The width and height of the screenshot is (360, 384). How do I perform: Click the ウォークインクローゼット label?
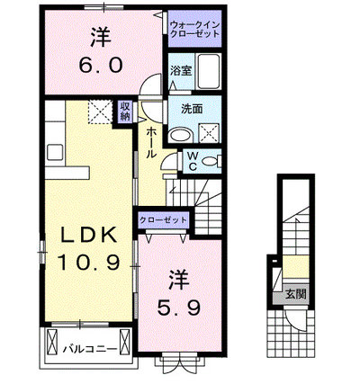(x=194, y=29)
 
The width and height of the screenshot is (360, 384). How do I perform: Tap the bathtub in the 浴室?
(x=209, y=71)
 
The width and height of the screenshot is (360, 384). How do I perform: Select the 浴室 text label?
(x=181, y=71)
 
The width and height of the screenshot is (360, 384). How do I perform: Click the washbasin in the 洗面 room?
(x=179, y=135)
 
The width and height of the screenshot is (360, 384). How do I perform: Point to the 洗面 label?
(x=192, y=110)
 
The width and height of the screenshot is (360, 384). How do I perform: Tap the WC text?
(x=193, y=161)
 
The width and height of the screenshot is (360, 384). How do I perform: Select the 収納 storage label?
(x=125, y=111)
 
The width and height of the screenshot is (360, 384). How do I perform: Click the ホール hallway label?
(x=152, y=142)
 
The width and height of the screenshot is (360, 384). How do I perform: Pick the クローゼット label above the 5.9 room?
(x=164, y=220)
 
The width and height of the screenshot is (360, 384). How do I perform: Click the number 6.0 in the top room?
(x=101, y=66)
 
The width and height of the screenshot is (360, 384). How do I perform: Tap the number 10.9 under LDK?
(x=89, y=262)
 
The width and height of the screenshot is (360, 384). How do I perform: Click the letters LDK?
(x=89, y=235)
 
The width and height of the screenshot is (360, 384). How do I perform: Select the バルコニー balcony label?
(x=90, y=349)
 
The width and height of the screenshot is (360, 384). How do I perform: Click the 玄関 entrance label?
(x=295, y=294)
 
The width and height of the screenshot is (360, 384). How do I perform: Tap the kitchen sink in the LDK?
(x=55, y=152)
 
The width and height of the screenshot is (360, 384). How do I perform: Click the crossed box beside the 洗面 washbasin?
(x=209, y=133)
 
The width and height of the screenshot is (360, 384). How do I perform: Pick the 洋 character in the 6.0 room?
(x=101, y=37)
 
